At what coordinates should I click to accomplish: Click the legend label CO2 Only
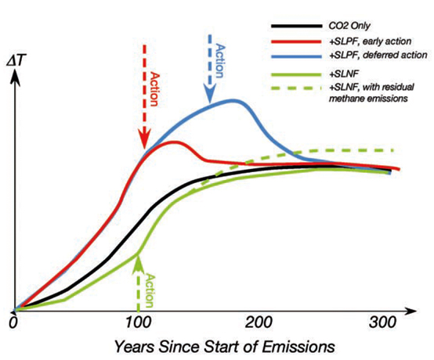coord(349,26)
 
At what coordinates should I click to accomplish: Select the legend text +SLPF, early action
coord(370,41)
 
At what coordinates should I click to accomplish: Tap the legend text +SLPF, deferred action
coord(378,55)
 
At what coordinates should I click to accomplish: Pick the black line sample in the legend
coord(297,26)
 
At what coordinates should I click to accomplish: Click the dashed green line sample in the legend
coord(297,88)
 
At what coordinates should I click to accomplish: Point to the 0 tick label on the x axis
coord(13,322)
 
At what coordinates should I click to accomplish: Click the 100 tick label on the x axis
coord(138,322)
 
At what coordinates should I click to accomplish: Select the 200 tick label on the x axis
coord(259,322)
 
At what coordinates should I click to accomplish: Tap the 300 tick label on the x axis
coord(382,322)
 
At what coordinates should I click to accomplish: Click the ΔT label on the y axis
coord(16,62)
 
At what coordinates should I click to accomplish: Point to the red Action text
coord(154,89)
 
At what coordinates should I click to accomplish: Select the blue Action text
coord(219,60)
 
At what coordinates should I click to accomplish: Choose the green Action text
coord(149,290)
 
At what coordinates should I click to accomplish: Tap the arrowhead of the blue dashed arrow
coord(209,95)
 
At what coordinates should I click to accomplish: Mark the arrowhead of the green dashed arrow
coord(138,263)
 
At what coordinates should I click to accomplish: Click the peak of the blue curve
coord(234,101)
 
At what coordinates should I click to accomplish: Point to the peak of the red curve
coord(174,142)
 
